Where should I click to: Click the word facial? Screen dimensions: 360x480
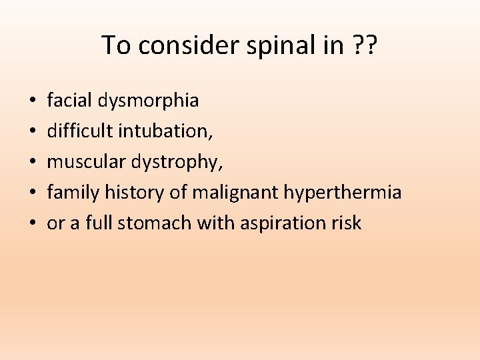click(x=69, y=101)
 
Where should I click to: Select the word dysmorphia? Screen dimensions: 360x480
click(x=147, y=101)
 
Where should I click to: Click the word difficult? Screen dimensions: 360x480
click(x=80, y=131)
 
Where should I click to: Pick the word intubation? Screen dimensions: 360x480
click(x=165, y=131)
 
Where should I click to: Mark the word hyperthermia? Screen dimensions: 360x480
click(x=343, y=193)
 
